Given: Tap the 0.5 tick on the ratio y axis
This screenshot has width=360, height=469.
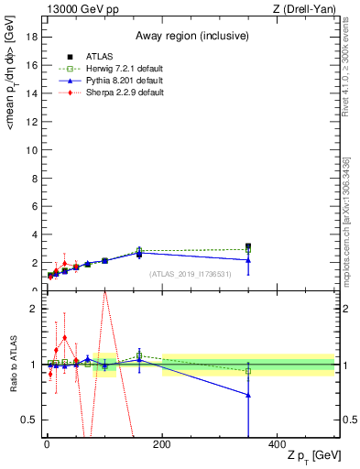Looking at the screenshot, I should (x=29, y=420).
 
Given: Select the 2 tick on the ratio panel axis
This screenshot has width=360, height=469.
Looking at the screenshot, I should (x=34, y=309).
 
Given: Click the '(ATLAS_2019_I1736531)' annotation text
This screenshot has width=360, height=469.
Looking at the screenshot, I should (x=189, y=275).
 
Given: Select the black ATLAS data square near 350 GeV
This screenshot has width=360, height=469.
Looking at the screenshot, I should (x=248, y=246).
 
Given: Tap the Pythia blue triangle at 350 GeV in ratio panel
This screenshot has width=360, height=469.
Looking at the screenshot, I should (x=248, y=395).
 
